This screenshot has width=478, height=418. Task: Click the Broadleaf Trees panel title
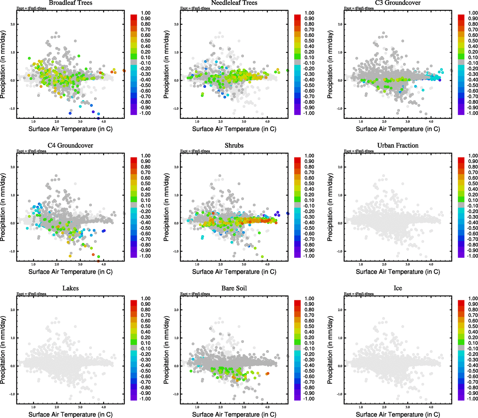[x=70, y=3]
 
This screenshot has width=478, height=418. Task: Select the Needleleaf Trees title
[x=234, y=3]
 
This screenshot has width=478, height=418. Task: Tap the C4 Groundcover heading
[x=70, y=145]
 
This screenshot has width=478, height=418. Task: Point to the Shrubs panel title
[x=234, y=145]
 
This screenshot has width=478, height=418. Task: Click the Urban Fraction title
[x=398, y=145]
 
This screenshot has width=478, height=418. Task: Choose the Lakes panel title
[x=70, y=288]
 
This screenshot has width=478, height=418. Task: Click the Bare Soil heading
[x=234, y=288]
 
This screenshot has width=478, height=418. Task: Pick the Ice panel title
[x=398, y=288]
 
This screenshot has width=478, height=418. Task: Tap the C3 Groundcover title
[x=398, y=3]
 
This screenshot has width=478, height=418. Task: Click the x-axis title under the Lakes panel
[x=70, y=414]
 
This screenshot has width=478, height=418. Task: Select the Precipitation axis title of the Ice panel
[x=330, y=350]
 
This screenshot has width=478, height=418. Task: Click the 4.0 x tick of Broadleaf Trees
[x=103, y=122]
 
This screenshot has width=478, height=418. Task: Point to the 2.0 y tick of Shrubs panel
[x=176, y=167]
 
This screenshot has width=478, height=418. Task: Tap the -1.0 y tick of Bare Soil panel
[x=176, y=394]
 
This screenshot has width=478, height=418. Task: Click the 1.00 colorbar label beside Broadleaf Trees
[x=146, y=13]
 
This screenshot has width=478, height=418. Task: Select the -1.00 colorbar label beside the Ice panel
[x=473, y=398]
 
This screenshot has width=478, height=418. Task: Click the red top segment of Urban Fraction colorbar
[x=461, y=160]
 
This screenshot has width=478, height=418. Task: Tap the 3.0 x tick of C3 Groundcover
[x=407, y=122]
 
